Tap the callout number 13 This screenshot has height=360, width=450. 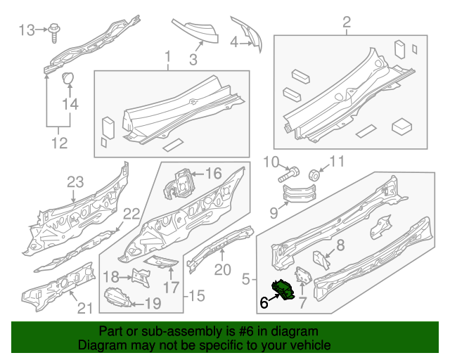pos(26,30)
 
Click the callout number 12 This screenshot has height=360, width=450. pos(59,143)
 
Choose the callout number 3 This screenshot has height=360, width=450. pos(193,60)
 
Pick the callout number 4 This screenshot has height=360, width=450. pos(234,42)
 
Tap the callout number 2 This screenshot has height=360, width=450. pos(347,25)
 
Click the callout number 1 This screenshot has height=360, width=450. pos(168,56)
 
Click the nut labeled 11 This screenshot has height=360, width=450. pos(315,174)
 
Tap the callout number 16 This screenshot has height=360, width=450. pos(213,173)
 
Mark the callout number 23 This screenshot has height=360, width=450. pos(75,182)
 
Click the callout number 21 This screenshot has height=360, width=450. pos(84,307)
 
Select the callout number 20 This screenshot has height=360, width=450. pos(222,269)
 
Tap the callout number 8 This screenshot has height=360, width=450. pos(340,245)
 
